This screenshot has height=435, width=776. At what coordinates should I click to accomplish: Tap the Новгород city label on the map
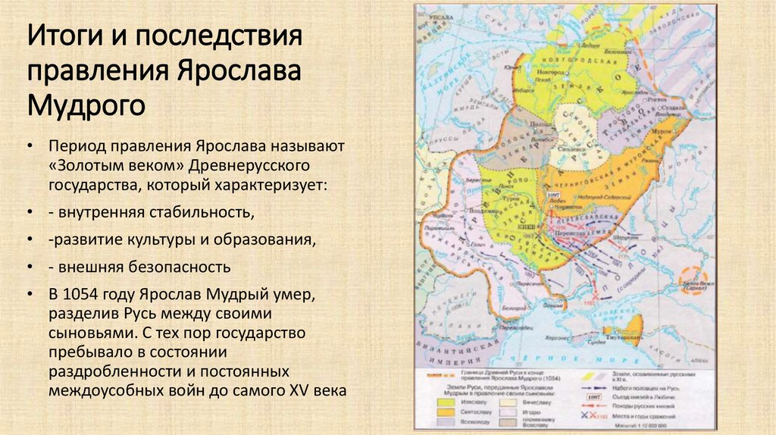point(550,71)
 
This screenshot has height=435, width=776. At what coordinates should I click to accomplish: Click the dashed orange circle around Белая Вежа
point(693,283)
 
